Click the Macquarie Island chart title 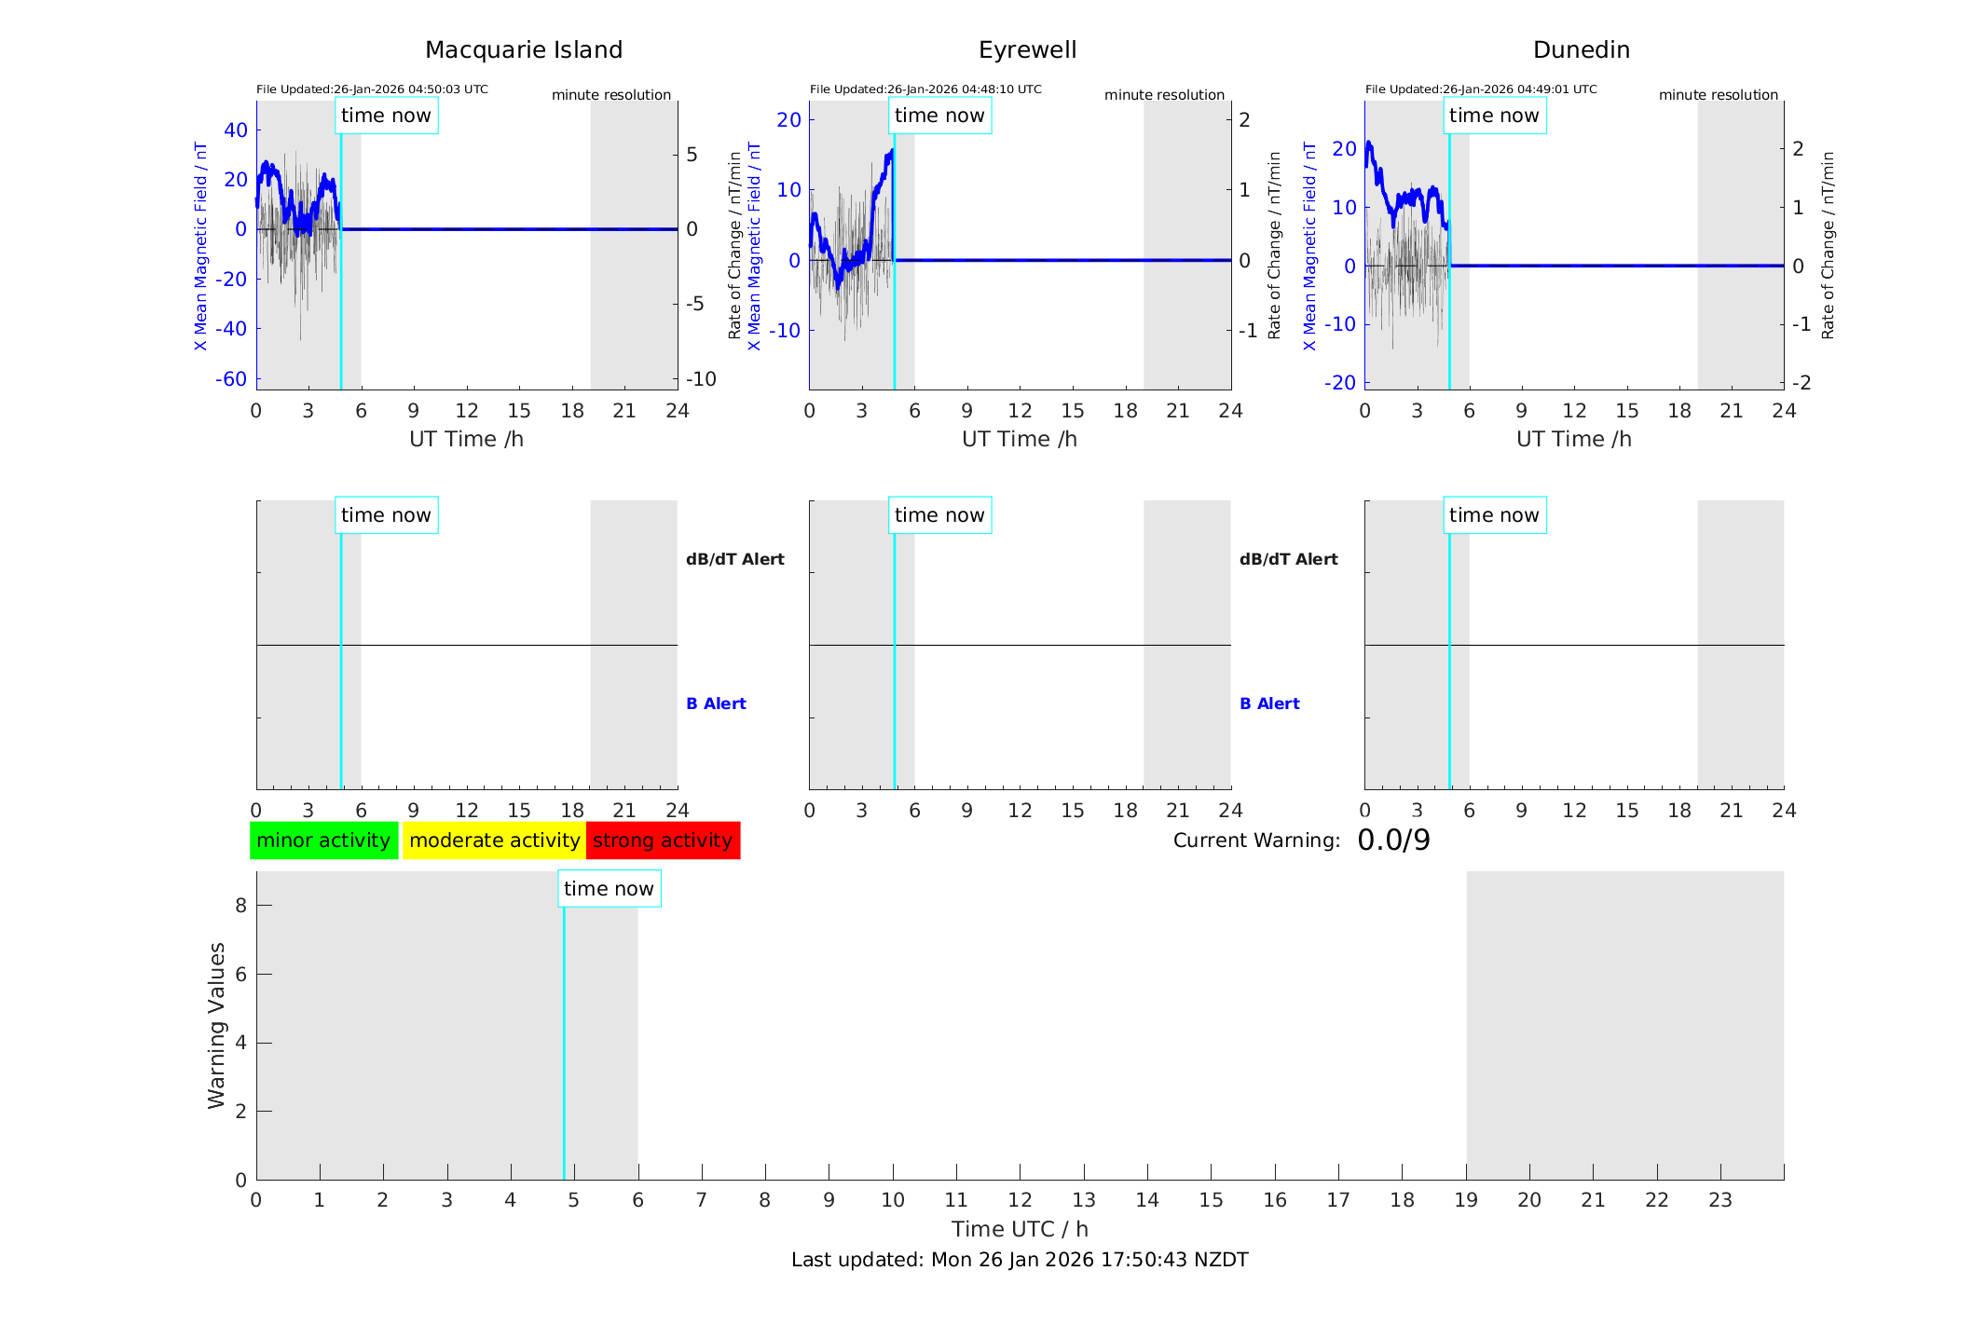pos(524,50)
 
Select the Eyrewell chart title pos(1027,50)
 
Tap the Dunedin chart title pos(1581,50)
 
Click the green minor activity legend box pos(323,840)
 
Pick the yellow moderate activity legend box pos(494,840)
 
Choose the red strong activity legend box pos(663,840)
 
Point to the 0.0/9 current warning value pos(1393,840)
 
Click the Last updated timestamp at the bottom pos(1020,1260)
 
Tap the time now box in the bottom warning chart pos(609,889)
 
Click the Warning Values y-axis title pos(216,1025)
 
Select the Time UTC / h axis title pos(1020,1229)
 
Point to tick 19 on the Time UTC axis pos(1466,1200)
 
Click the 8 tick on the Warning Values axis pos(240,906)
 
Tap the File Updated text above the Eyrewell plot pos(925,89)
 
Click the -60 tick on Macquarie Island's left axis pos(231,379)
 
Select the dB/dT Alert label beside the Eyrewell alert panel pos(1288,559)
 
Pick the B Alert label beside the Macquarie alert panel pos(716,704)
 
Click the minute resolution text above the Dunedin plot pos(1718,95)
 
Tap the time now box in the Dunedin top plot pos(1494,116)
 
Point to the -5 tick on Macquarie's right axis pos(692,304)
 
